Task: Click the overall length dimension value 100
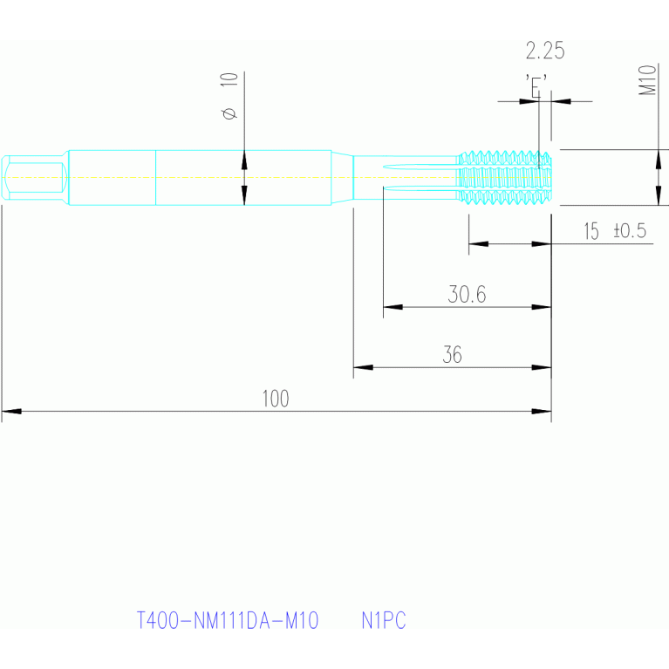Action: pyautogui.click(x=275, y=399)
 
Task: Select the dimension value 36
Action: pyautogui.click(x=452, y=355)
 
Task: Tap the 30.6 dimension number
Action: pyautogui.click(x=467, y=295)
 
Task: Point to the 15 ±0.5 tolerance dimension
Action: pyautogui.click(x=614, y=231)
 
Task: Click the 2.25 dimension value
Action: pyautogui.click(x=545, y=51)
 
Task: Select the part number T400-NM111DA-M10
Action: pyautogui.click(x=229, y=621)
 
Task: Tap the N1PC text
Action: pyautogui.click(x=384, y=621)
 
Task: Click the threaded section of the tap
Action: pyautogui.click(x=504, y=179)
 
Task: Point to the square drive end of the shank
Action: pyautogui.click(x=35, y=178)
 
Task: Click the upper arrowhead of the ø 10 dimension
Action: pyautogui.click(x=244, y=160)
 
